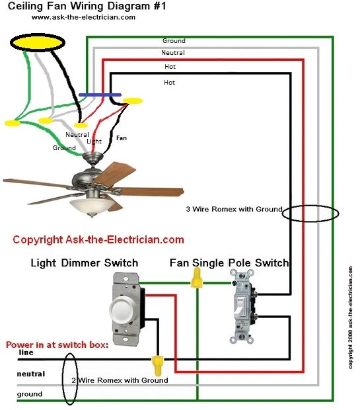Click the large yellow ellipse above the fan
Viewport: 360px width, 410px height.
[x=37, y=42]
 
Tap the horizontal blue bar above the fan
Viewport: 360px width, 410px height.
[x=100, y=95]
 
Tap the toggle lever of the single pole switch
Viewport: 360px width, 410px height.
[x=241, y=306]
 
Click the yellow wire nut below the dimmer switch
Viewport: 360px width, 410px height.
[x=157, y=362]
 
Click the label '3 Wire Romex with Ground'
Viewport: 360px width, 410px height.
[x=234, y=210]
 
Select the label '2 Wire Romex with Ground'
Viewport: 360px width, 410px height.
[x=120, y=380]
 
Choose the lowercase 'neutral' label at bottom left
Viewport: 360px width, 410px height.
[x=31, y=374]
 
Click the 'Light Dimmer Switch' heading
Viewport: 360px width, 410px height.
[x=85, y=263]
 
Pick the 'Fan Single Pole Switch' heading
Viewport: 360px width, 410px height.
[x=229, y=263]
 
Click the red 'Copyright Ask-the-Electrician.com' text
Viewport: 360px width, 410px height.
[x=98, y=239]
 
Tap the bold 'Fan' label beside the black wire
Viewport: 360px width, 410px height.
[x=122, y=139]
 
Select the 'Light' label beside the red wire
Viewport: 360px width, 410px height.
[x=94, y=142]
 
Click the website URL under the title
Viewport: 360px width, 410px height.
[x=83, y=17]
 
